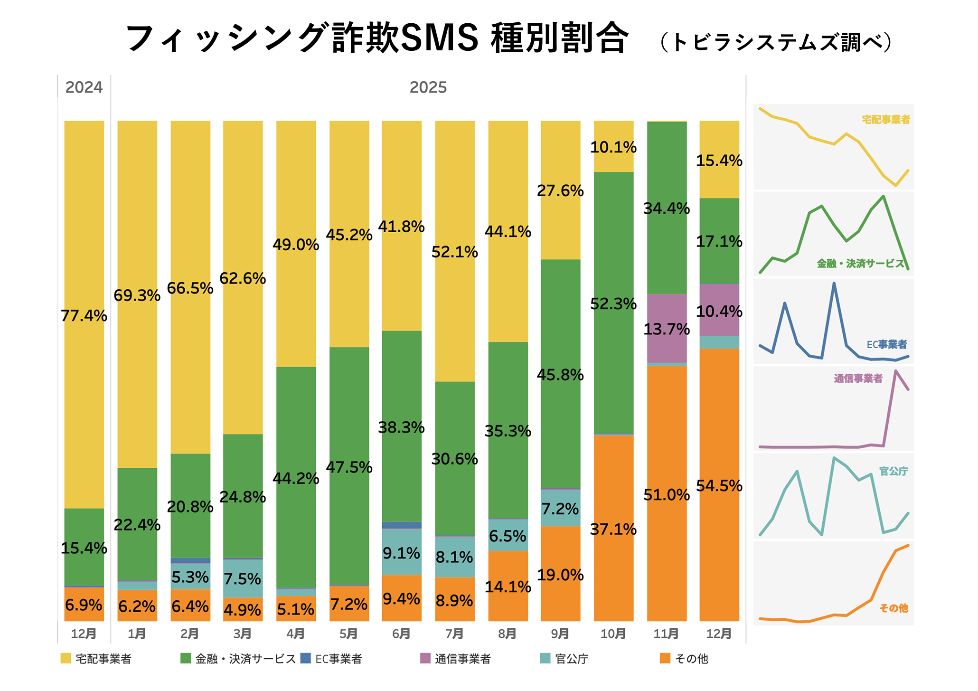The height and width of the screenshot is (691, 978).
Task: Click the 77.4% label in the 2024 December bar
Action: point(84,316)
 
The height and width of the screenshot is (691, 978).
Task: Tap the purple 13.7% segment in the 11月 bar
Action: point(667,328)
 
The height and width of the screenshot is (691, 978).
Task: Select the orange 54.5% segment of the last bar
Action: point(719,485)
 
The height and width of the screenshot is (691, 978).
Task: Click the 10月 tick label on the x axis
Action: point(613,634)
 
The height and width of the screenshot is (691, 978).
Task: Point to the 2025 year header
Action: point(428,87)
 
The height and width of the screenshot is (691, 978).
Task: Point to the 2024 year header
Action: point(84,87)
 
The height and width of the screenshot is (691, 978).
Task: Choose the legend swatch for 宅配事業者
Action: point(66,658)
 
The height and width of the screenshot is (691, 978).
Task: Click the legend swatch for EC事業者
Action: point(306,658)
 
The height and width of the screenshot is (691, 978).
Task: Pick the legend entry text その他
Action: point(691,659)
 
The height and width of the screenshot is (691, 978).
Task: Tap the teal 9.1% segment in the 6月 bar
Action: point(402,553)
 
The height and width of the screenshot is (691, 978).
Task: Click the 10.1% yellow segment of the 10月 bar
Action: point(613,147)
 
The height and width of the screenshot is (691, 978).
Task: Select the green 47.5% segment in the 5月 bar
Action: point(349,466)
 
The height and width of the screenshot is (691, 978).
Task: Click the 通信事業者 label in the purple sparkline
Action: point(858,379)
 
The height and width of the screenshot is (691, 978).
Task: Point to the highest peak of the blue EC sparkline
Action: point(834,284)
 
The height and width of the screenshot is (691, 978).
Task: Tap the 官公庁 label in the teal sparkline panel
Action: point(893,471)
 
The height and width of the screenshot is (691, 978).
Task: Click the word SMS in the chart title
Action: point(440,38)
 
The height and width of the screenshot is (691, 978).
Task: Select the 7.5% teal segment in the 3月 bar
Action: point(243,578)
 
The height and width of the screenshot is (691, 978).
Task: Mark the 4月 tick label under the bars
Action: point(296,634)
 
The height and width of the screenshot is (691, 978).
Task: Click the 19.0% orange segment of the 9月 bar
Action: point(560,575)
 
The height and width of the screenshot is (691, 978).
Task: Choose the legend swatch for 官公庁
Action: point(545,658)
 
